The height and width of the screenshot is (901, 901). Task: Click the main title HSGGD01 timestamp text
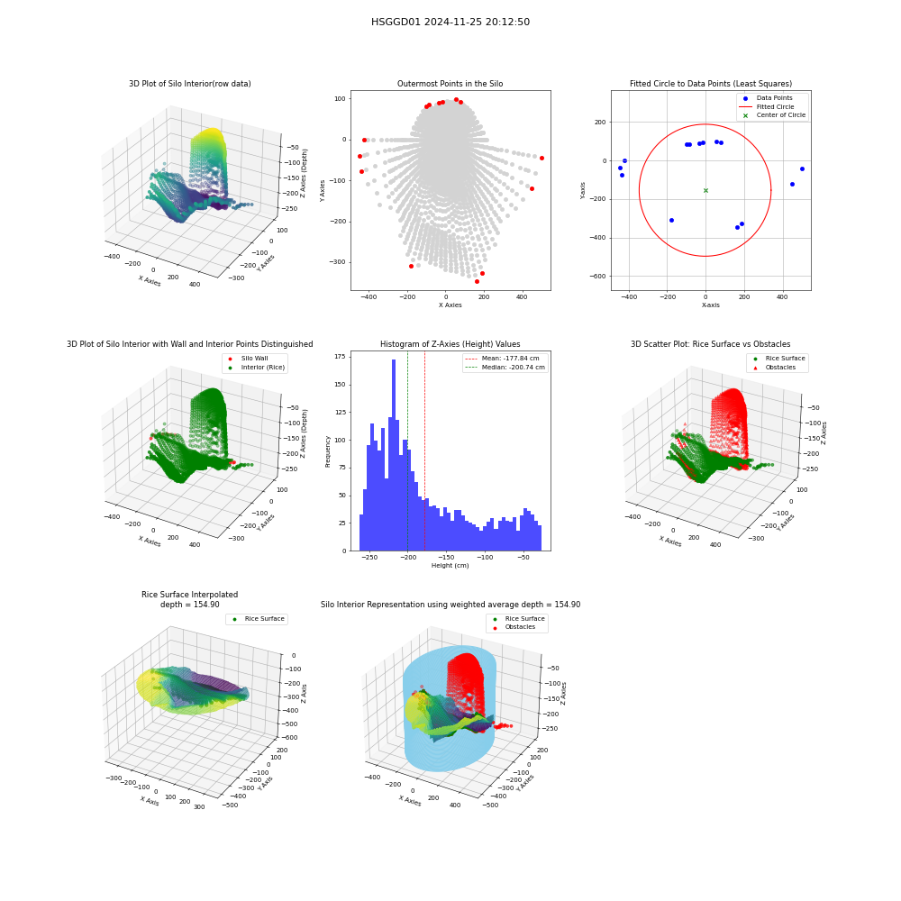coord(450,22)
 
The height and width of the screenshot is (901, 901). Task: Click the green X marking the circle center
coord(705,190)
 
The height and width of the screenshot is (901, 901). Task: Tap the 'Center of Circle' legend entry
coord(773,115)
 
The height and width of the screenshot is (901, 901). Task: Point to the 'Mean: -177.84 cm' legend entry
coord(505,359)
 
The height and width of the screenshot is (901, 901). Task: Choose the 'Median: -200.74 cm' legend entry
coord(505,368)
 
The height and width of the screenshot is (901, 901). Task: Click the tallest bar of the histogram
coord(394,455)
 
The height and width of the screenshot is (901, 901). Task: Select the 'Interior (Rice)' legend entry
coord(256,368)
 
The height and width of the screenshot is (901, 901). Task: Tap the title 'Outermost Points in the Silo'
coord(450,83)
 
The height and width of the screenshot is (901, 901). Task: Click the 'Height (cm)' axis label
coord(450,566)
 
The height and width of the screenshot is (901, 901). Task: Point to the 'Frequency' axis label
coord(328,451)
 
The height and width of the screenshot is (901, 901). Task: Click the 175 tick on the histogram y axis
coord(341,357)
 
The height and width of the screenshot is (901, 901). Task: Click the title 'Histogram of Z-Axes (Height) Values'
coord(450,343)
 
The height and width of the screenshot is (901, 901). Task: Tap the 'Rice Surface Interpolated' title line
coord(189,594)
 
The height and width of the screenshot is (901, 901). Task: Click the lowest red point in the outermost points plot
coord(477,281)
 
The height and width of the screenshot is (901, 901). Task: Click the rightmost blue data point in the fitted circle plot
coord(802,169)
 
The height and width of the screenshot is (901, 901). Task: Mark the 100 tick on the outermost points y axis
coord(341,99)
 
